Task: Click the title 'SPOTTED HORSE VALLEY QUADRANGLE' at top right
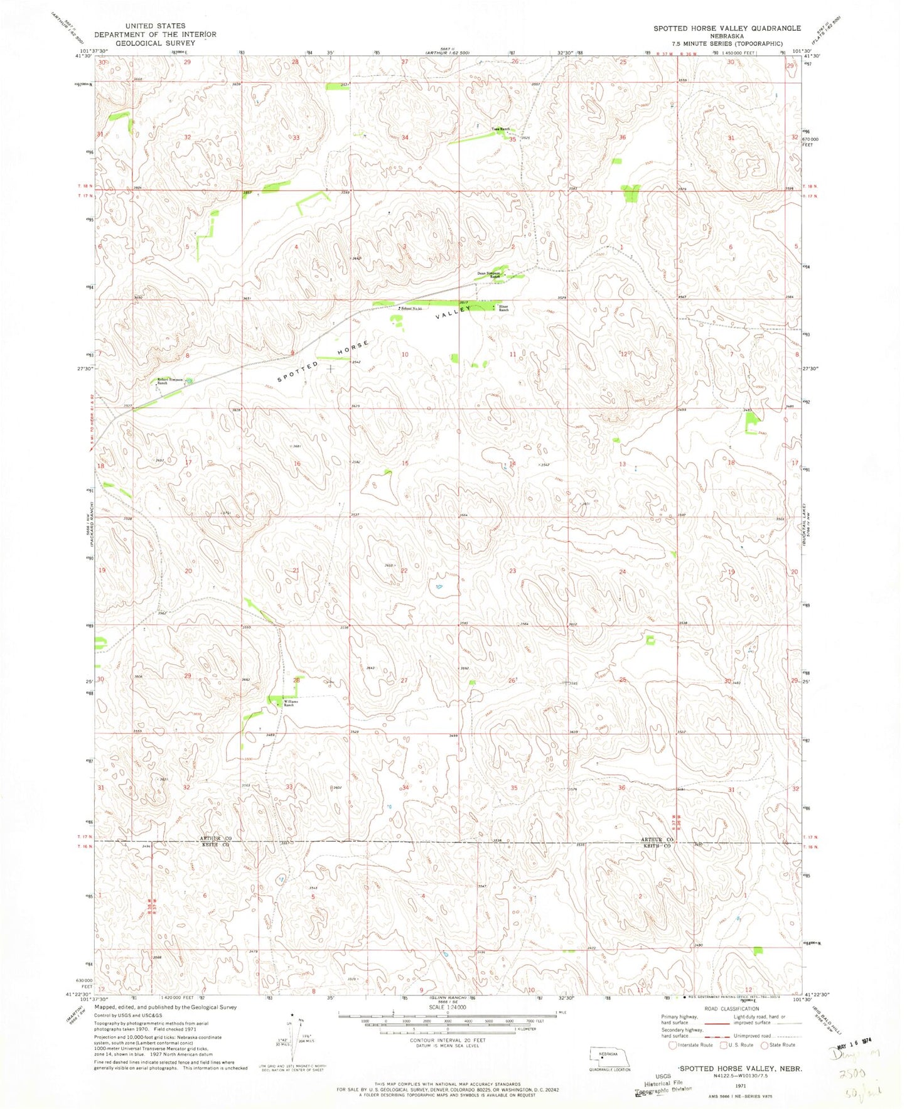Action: coord(727,28)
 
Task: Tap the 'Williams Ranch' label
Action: coord(288,704)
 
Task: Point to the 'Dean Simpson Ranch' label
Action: coord(491,274)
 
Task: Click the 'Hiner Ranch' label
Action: coord(504,308)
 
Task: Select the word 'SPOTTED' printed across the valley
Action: coord(294,375)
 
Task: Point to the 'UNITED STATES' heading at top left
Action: coord(155,26)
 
